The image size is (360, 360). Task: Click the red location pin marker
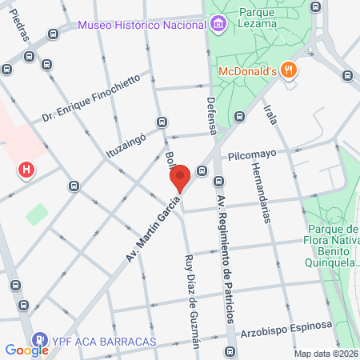(180, 178)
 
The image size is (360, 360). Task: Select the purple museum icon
(218, 24)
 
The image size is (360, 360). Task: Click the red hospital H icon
(27, 170)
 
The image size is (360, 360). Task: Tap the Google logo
(26, 350)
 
